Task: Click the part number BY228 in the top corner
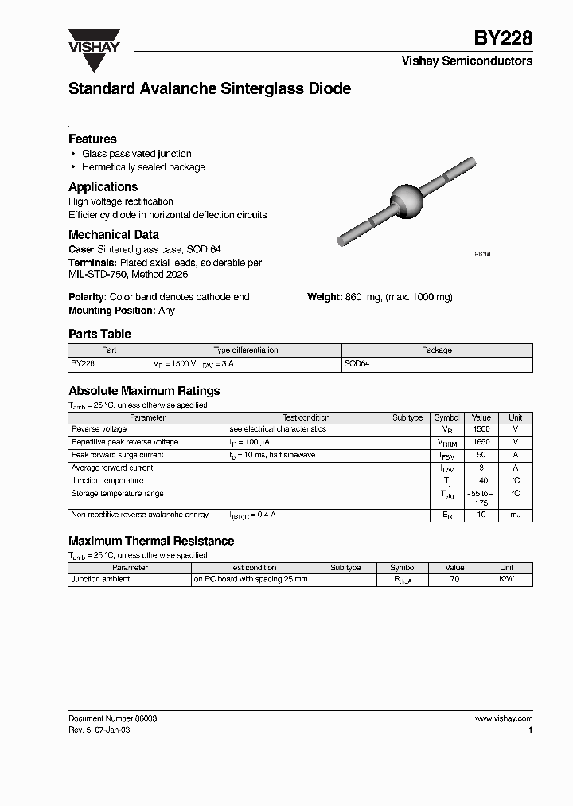[x=503, y=38]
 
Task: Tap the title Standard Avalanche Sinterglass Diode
[x=209, y=89]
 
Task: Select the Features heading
[x=92, y=139]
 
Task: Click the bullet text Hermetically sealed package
[x=143, y=167]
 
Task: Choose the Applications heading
[x=103, y=186]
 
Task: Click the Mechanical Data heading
[x=113, y=235]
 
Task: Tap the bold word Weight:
[x=325, y=297]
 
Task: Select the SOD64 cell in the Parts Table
[x=357, y=363]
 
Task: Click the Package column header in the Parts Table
[x=436, y=350]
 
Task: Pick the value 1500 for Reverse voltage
[x=481, y=429]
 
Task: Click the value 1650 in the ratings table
[x=481, y=442]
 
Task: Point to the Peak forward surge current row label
[x=117, y=455]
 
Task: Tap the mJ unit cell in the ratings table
[x=515, y=515]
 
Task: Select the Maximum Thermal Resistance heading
[x=151, y=541]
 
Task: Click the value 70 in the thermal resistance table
[x=454, y=580]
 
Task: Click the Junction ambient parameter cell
[x=100, y=580]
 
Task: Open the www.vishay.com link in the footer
[x=503, y=718]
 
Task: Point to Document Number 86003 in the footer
[x=112, y=718]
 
